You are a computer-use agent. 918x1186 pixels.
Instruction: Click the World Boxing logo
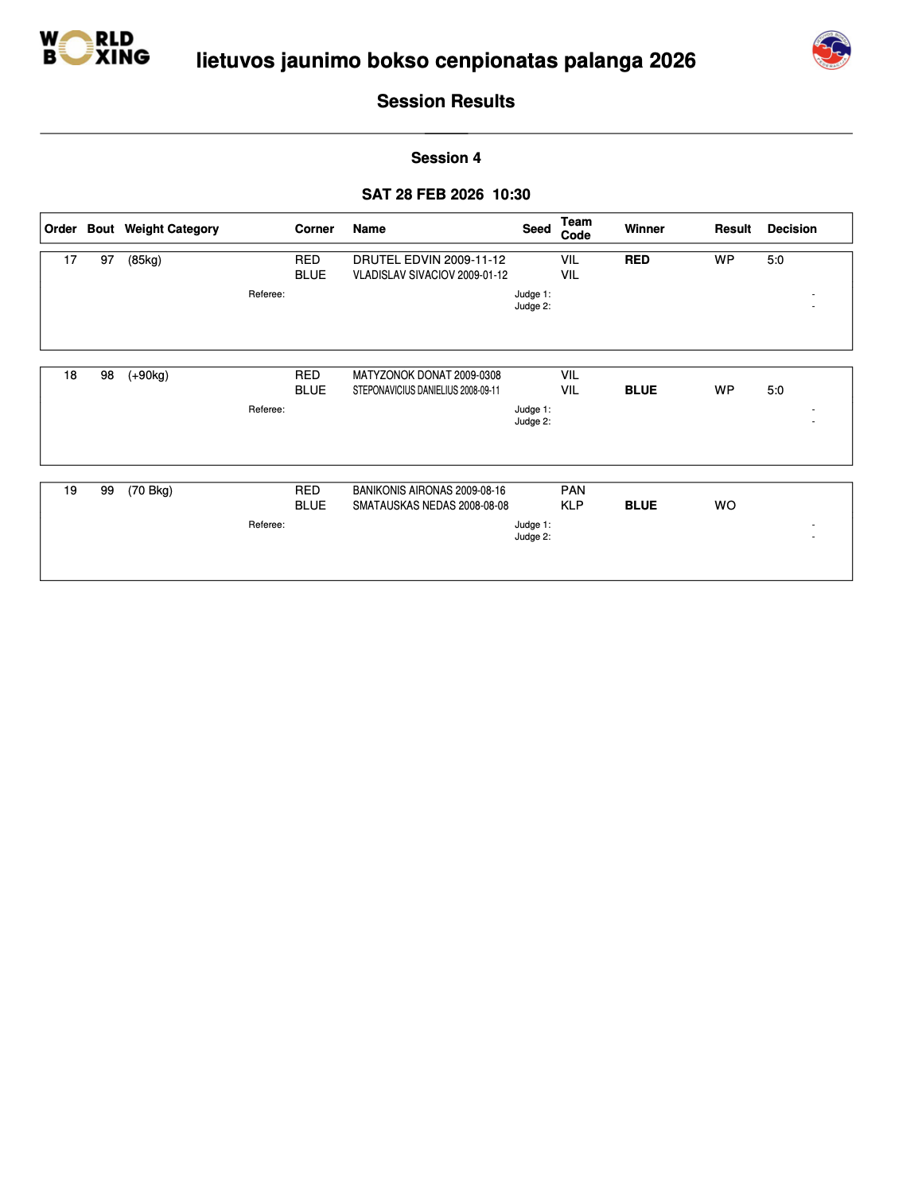(94, 48)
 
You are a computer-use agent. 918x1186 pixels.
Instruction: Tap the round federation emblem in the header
(831, 51)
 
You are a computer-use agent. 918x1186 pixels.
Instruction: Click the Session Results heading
(445, 102)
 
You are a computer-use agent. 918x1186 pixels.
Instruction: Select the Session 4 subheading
(445, 158)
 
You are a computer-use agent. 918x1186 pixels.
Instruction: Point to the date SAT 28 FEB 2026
(422, 195)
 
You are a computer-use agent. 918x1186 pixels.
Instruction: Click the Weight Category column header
(171, 229)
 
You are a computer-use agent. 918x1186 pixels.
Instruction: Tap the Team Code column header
(576, 228)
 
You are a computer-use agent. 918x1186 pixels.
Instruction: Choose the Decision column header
(792, 229)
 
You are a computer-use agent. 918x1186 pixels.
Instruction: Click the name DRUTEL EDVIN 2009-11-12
(429, 260)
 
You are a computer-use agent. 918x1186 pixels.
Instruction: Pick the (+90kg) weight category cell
(148, 375)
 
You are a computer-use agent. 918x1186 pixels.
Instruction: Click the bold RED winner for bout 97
(636, 260)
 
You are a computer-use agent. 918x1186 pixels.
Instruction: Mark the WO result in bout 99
(725, 506)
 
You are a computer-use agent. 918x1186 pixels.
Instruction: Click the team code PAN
(573, 490)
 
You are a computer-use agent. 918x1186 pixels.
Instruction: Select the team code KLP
(572, 506)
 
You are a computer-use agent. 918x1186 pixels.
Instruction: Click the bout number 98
(107, 375)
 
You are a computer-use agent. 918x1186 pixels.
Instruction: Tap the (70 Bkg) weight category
(150, 490)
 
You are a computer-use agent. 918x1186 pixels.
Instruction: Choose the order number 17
(71, 260)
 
